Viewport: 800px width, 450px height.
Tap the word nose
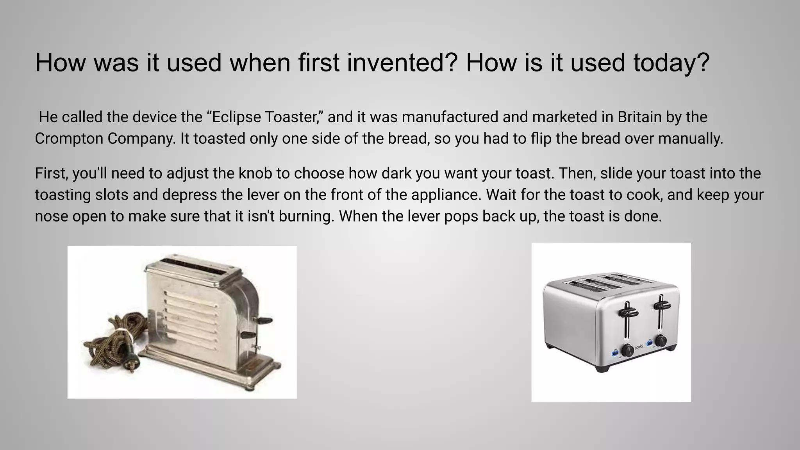click(51, 216)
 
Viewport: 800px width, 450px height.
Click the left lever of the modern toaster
click(627, 312)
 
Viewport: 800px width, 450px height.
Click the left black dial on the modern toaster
click(628, 350)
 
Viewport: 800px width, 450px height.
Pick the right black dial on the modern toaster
click(661, 341)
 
